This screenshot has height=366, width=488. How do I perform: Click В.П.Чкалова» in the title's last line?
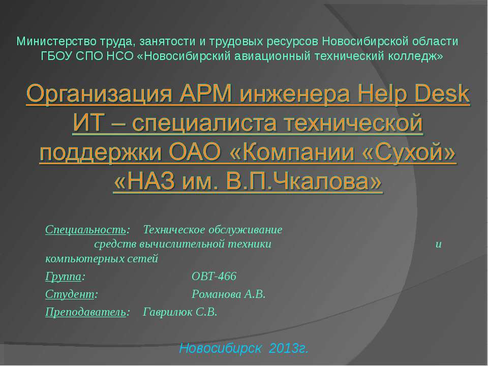tap(303, 180)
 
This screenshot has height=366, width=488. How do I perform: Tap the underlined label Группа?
tap(63, 277)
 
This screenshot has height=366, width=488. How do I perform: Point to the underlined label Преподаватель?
tap(85, 312)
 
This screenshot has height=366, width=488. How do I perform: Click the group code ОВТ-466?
tap(214, 277)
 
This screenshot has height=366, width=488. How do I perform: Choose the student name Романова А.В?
tap(228, 294)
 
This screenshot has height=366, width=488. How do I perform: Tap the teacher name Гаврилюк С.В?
tap(180, 312)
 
